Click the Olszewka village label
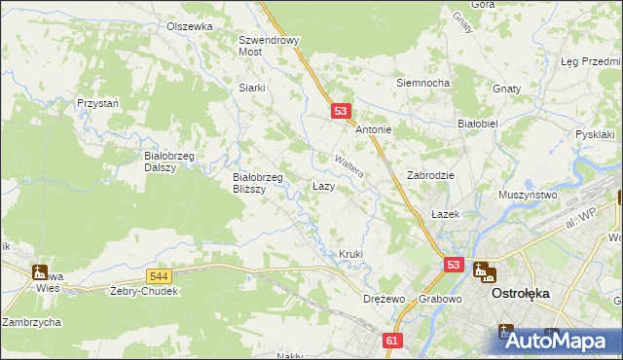189,26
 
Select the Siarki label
252,87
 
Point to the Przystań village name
97,102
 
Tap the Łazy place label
324,185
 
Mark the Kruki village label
350,254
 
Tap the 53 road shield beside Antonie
341,112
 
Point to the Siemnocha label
422,83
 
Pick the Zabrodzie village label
431,175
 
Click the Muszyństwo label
527,195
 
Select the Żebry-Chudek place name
144,292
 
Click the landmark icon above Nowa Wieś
40,272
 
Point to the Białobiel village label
478,124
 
